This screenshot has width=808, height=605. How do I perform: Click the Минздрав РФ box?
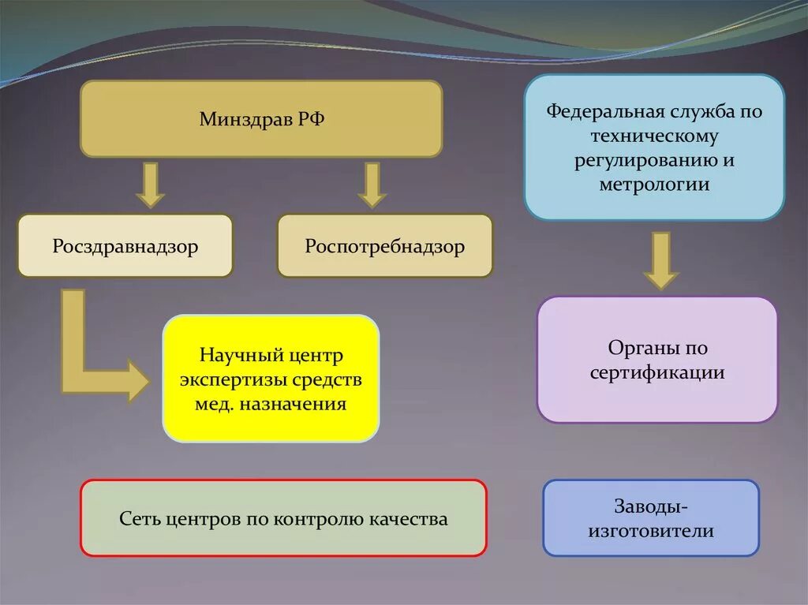261,118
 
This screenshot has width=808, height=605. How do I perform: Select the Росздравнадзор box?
125,246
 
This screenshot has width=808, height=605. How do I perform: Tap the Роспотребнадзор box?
384,246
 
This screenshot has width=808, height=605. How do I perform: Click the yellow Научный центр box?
271,379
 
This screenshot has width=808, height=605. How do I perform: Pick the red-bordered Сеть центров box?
283,518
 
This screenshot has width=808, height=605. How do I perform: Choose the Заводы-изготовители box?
650,518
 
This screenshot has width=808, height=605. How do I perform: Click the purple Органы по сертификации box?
656,360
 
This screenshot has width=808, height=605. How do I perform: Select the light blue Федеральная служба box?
654,148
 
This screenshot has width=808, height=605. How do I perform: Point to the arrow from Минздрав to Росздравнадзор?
149,185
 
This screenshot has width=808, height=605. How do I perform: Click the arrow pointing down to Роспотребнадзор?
371,185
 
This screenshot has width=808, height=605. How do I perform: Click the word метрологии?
654,185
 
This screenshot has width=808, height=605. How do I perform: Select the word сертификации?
656,372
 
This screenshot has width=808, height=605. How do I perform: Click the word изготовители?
651,531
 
